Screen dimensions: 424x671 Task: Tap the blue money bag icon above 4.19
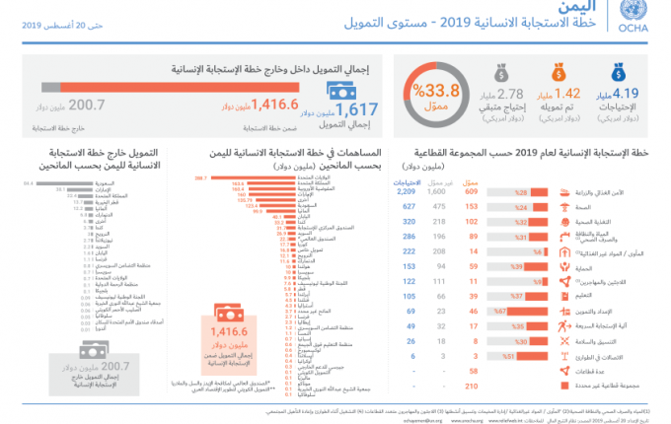point(620,70)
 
